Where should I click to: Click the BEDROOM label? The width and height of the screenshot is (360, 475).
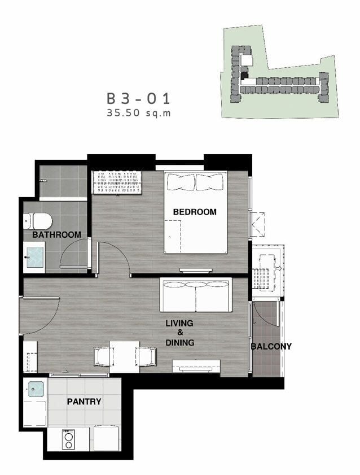pyautogui.click(x=195, y=212)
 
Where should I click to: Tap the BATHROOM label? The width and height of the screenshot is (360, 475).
pyautogui.click(x=56, y=234)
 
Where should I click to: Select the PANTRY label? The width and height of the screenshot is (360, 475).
pyautogui.click(x=84, y=402)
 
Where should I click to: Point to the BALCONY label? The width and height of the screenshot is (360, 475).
pyautogui.click(x=271, y=346)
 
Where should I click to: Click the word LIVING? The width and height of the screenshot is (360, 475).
pyautogui.click(x=179, y=323)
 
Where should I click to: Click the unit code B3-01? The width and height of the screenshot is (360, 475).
pyautogui.click(x=139, y=99)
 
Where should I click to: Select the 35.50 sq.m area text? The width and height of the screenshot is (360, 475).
pyautogui.click(x=139, y=113)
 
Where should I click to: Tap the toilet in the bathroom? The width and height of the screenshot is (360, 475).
pyautogui.click(x=37, y=221)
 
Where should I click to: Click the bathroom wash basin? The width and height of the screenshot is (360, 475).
pyautogui.click(x=35, y=258)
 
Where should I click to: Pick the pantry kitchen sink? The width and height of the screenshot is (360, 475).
pyautogui.click(x=36, y=389)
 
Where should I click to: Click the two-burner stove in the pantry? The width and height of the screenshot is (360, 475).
pyautogui.click(x=68, y=439)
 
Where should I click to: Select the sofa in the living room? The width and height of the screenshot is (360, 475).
pyautogui.click(x=196, y=294)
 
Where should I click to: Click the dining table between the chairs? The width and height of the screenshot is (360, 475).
pyautogui.click(x=124, y=356)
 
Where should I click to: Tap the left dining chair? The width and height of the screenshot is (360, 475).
pyautogui.click(x=103, y=356)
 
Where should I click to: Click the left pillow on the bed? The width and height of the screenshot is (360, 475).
pyautogui.click(x=181, y=182)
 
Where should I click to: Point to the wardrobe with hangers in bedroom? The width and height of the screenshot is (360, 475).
pyautogui.click(x=117, y=182)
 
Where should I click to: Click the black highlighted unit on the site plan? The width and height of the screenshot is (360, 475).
pyautogui.click(x=244, y=75)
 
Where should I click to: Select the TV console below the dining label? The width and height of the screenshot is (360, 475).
pyautogui.click(x=196, y=366)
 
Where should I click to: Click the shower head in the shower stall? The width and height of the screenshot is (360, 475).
pyautogui.click(x=43, y=181)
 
